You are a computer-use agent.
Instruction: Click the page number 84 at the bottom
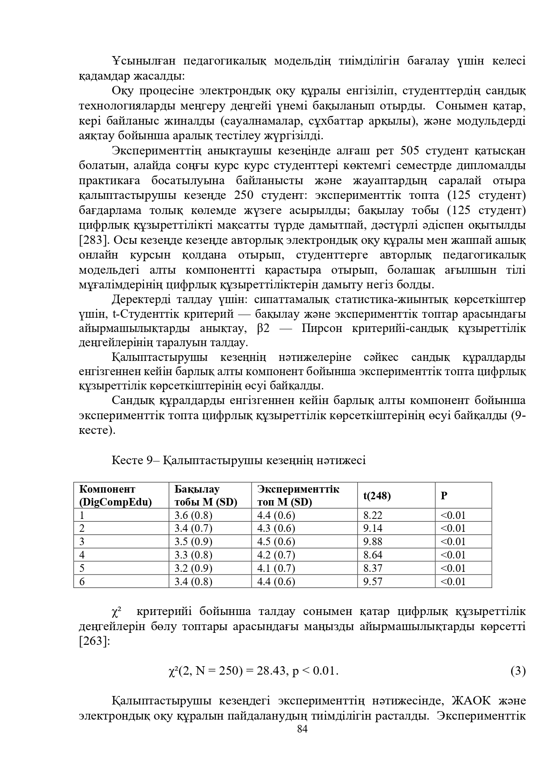[302, 729]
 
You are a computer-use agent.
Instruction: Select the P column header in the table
[444, 495]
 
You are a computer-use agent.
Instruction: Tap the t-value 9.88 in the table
[373, 542]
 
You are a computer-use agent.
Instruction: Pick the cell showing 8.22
[373, 515]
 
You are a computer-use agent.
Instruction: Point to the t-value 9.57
[373, 581]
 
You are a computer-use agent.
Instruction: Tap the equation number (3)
[518, 671]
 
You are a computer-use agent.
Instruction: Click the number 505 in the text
[410, 151]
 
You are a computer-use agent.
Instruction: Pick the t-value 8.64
[373, 555]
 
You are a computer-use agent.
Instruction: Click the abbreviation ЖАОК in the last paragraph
[471, 700]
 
